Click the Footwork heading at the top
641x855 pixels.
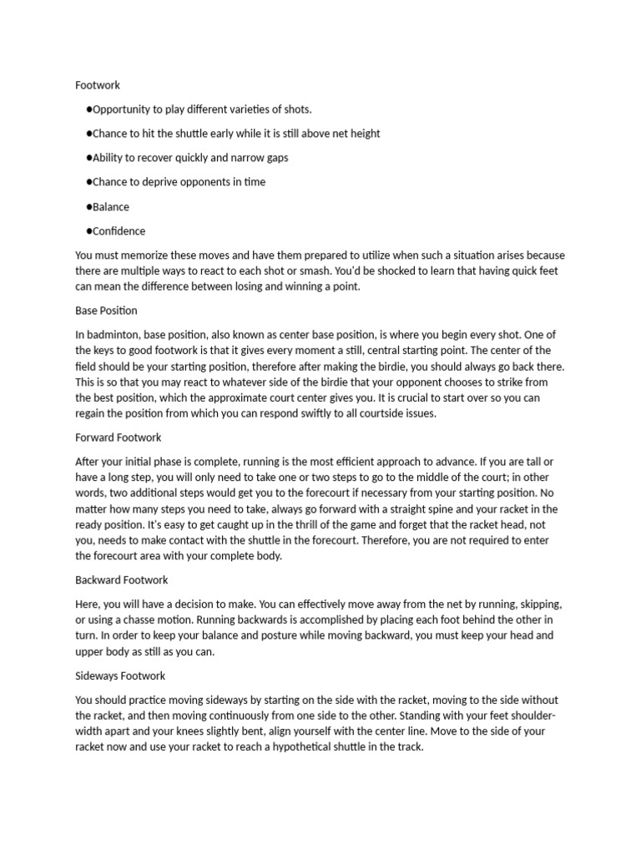98,85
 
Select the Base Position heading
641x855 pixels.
106,311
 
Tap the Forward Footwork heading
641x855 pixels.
118,438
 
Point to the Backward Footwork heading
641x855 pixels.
122,579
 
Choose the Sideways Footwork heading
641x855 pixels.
120,675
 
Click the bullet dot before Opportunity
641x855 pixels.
88,109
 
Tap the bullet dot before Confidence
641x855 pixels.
88,231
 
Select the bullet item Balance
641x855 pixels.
111,207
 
